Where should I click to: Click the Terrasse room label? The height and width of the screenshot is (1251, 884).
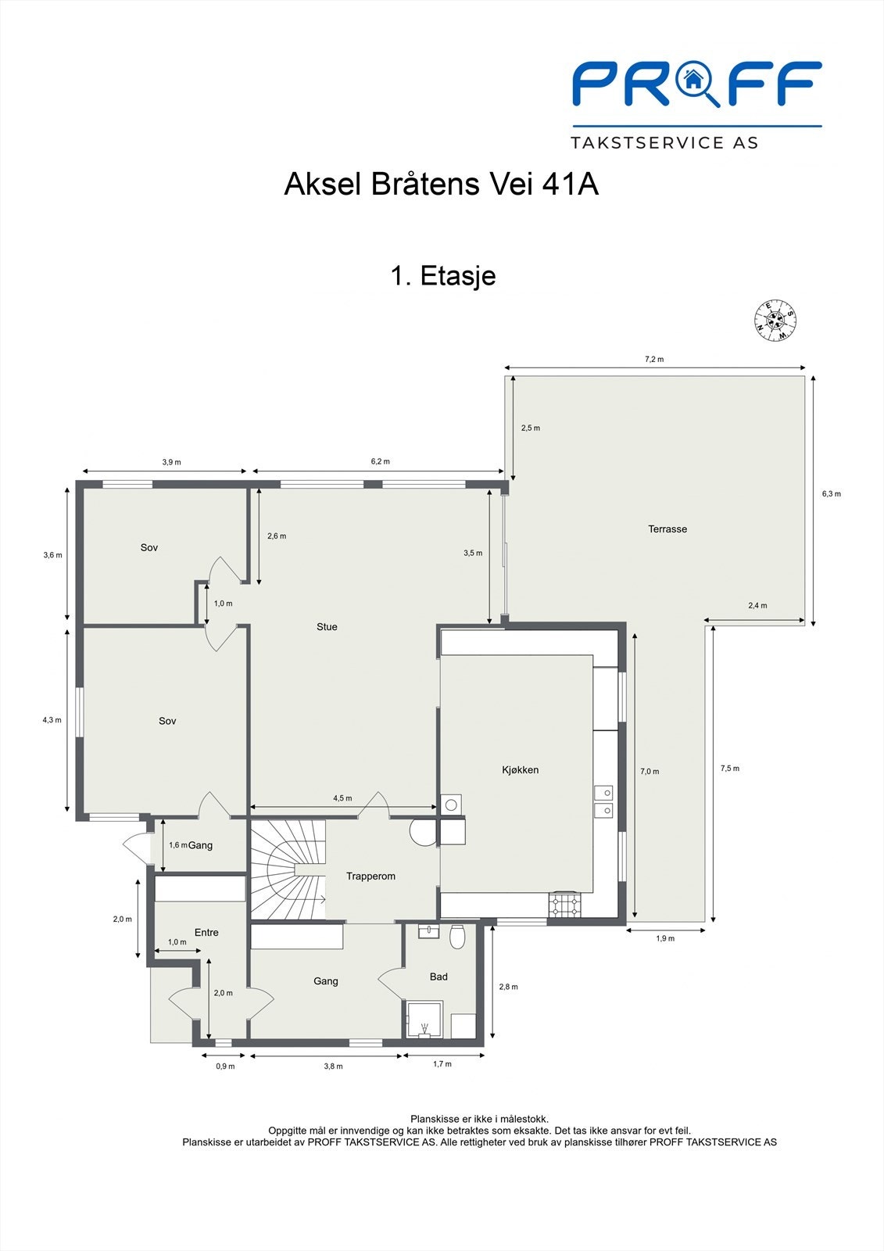pos(667,529)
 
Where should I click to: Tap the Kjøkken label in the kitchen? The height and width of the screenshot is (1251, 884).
pos(520,770)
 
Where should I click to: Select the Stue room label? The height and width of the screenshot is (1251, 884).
pos(327,627)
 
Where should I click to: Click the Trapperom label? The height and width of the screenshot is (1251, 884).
pos(370,876)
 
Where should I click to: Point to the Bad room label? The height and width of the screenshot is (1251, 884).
pos(438,977)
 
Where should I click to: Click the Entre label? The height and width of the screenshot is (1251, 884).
pos(206,933)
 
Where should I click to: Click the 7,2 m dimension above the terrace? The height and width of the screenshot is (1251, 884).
pos(653,360)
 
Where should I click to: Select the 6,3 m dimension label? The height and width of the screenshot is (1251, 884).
pos(831,494)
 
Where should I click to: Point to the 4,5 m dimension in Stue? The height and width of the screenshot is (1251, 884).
pos(342,798)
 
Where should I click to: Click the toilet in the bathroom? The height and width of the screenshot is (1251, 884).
pos(458,935)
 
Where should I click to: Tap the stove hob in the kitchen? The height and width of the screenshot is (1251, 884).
pos(565,905)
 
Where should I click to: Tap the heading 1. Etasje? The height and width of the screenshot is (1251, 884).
pos(442,276)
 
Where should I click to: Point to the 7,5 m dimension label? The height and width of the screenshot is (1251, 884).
pos(729,769)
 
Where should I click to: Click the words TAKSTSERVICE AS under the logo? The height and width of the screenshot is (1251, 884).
pos(664,143)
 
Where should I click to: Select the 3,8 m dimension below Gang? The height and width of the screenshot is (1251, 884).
pos(333,1066)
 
